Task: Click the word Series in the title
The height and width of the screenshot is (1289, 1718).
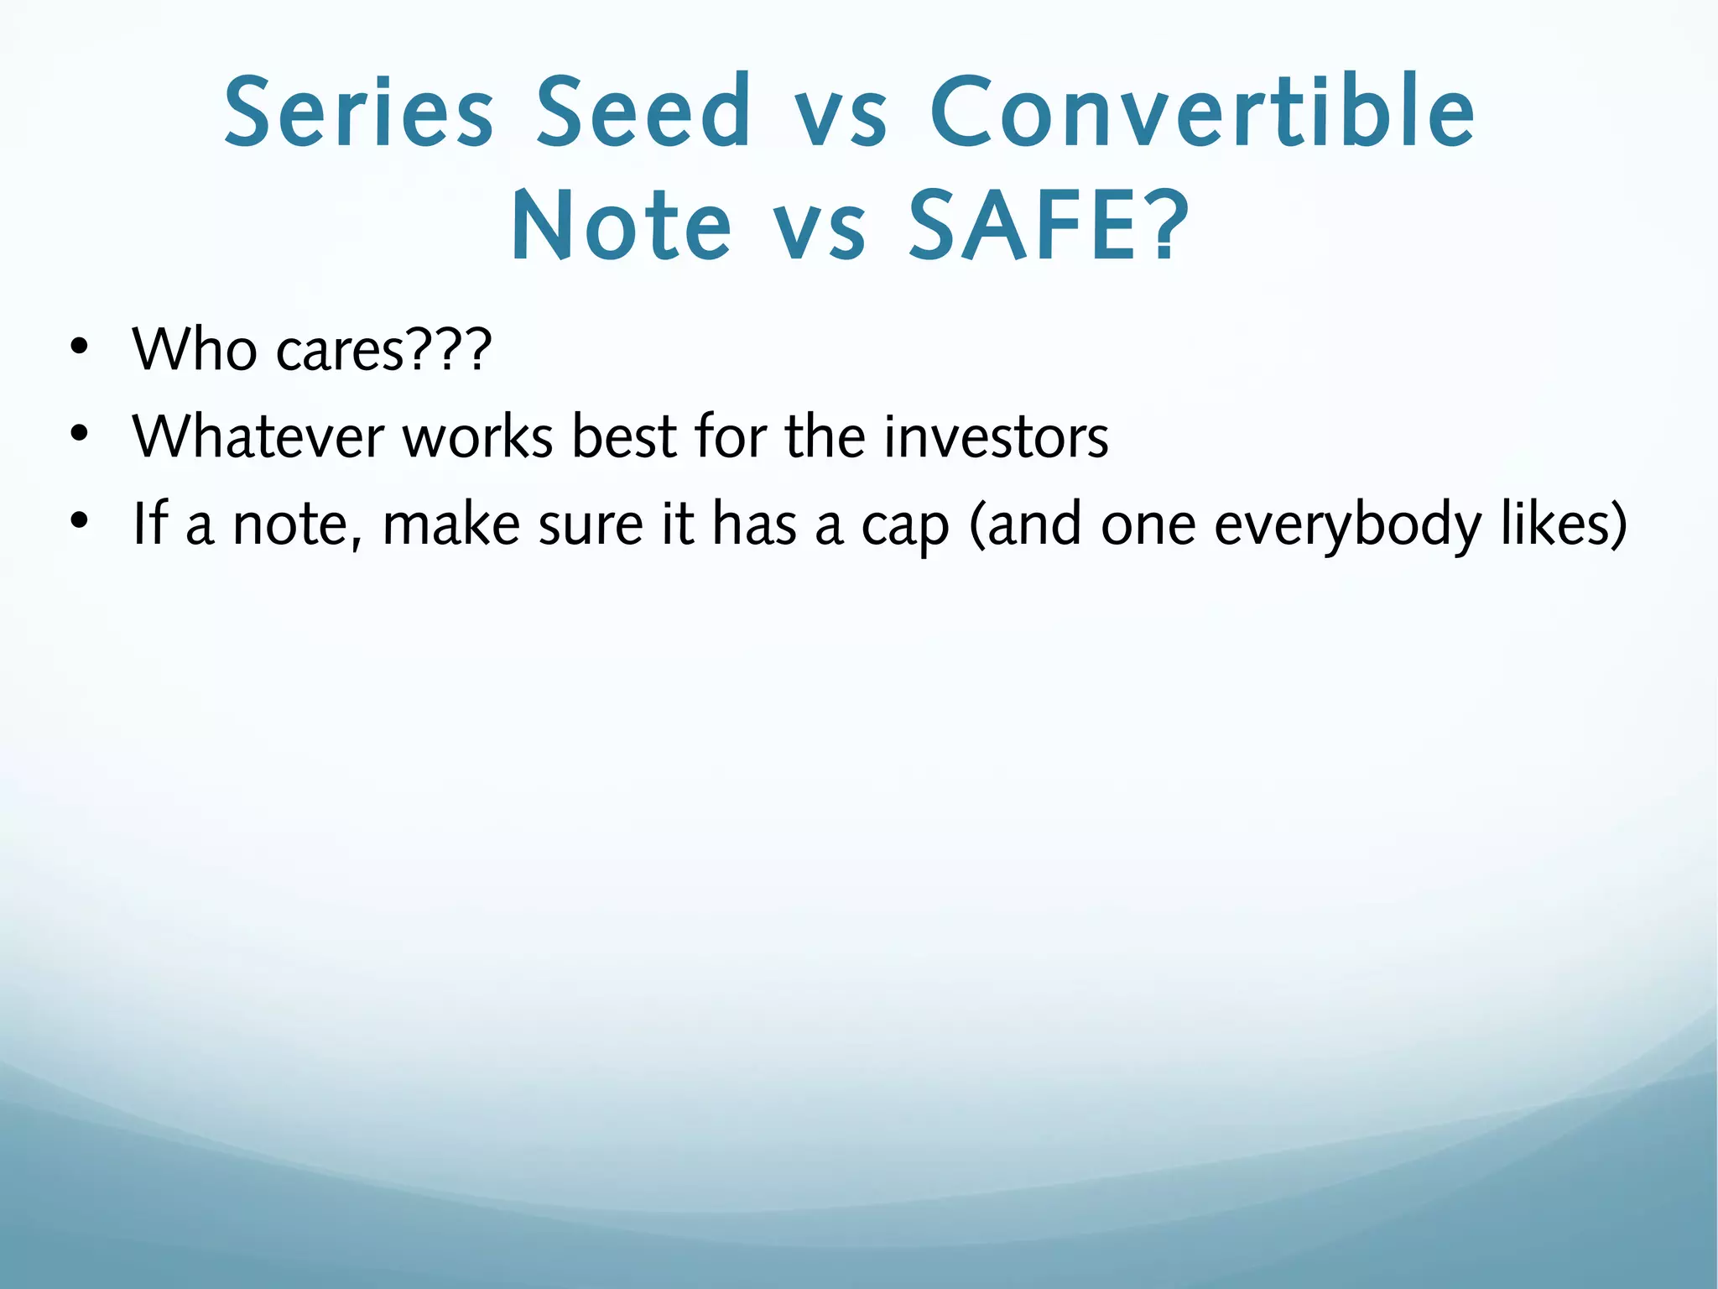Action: [x=359, y=113]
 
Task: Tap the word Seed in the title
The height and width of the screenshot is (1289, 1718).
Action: [x=643, y=113]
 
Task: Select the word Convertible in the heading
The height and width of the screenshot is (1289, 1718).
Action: [x=1202, y=113]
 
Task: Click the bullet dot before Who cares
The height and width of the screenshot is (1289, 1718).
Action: [x=79, y=348]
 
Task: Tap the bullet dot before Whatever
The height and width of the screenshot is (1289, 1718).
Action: [x=79, y=436]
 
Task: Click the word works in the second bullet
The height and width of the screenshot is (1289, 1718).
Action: [x=478, y=436]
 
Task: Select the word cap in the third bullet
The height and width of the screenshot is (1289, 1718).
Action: [x=906, y=529]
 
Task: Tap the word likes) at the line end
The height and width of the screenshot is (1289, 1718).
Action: [x=1564, y=524]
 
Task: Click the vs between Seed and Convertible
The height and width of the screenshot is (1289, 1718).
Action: [x=841, y=117]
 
